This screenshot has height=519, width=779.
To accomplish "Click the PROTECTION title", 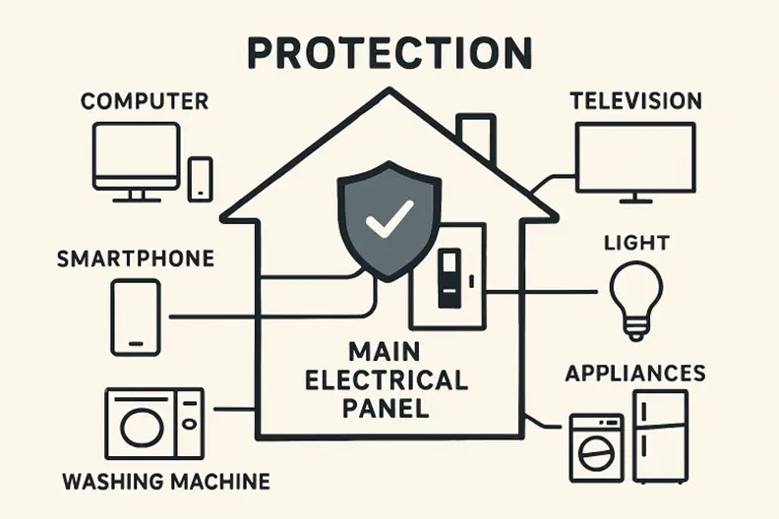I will coord(389,52).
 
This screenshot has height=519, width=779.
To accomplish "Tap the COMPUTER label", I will coord(144,101).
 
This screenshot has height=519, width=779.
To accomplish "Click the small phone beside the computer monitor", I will coord(201,179).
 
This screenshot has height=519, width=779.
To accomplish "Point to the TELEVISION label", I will coord(636,101).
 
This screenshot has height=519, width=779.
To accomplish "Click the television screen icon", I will coord(635,158).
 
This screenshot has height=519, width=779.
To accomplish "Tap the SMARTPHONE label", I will coord(136,259).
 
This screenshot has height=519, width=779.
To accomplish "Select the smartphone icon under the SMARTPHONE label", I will coord(136,317).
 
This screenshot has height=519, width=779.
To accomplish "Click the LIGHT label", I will coord(637,243).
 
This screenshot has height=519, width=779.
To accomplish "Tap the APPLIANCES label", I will coord(634,374).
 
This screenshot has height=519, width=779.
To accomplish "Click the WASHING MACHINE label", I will coord(165,483).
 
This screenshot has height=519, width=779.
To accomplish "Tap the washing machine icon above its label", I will coord(154,424).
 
